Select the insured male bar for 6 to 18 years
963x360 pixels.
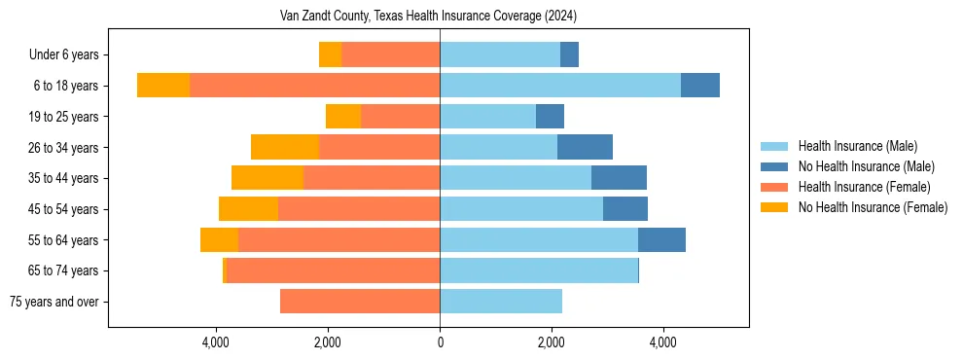(560, 86)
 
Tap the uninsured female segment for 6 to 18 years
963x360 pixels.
(163, 86)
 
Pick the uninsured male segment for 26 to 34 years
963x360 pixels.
(585, 147)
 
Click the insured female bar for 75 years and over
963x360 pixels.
(360, 302)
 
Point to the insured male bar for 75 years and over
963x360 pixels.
(501, 302)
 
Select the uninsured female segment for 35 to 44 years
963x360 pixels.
(267, 178)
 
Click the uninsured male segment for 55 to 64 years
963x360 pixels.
(661, 239)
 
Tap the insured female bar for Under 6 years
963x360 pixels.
(390, 54)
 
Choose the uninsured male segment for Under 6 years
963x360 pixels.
(569, 54)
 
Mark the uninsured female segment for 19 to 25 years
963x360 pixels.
(343, 117)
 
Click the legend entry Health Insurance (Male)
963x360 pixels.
(857, 146)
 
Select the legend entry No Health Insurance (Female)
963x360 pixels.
(873, 207)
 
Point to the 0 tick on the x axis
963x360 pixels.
(440, 342)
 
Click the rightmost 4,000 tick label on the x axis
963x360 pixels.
(663, 342)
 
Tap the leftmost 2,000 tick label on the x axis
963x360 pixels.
(328, 342)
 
